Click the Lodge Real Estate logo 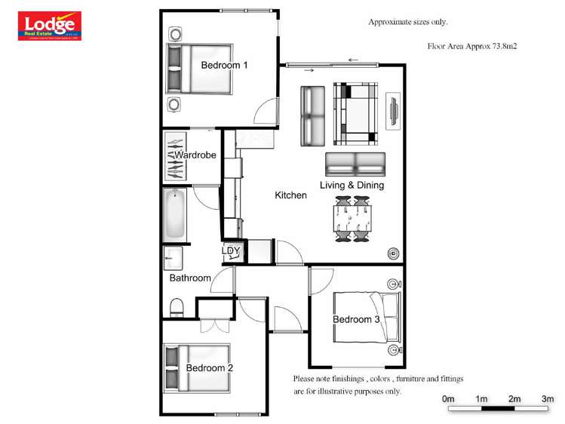[x=50, y=26]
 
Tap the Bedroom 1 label [x=224, y=66]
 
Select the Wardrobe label [x=195, y=155]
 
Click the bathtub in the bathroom [x=175, y=215]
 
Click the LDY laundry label [x=232, y=251]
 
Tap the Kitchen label [x=290, y=195]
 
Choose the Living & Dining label [x=352, y=185]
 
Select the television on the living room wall [x=392, y=112]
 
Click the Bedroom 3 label [x=356, y=319]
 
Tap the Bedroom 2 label [x=209, y=367]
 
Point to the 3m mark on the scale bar [x=548, y=398]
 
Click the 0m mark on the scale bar [x=448, y=398]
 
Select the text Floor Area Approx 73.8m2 [x=476, y=47]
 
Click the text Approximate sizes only [x=407, y=22]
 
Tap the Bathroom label [x=190, y=278]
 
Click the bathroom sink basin [x=173, y=258]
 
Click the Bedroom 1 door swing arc [x=264, y=113]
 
